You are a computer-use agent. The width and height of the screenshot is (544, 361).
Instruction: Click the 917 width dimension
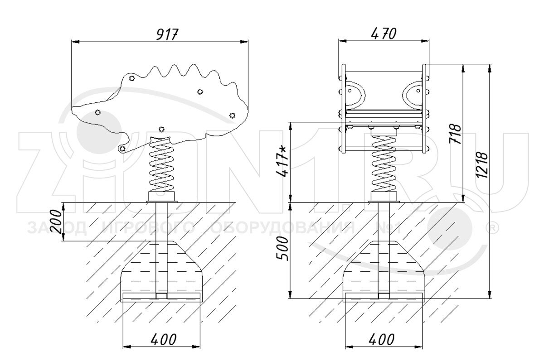[167, 34]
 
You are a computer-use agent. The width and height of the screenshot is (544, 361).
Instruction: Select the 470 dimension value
[384, 34]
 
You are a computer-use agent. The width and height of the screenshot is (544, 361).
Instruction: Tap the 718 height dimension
[455, 134]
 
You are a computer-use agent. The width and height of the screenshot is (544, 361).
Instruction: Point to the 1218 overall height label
[481, 165]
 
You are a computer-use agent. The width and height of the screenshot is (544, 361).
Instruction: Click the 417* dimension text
[282, 161]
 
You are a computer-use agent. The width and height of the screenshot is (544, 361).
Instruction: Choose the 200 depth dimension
[56, 221]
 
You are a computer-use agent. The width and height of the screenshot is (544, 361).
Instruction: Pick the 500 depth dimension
[283, 248]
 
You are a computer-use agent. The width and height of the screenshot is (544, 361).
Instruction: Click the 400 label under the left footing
[164, 339]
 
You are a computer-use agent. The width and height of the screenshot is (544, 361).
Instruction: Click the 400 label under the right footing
[382, 339]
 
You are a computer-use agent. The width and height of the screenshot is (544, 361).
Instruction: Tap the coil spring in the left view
[161, 164]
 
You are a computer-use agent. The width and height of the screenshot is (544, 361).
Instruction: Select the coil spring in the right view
[384, 164]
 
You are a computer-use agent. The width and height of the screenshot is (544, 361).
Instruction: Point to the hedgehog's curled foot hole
[123, 149]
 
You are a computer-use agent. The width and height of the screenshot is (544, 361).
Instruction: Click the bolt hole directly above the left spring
[161, 129]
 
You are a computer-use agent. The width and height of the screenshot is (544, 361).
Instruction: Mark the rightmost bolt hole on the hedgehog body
[232, 115]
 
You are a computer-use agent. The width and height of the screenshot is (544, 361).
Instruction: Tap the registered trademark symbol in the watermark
[492, 228]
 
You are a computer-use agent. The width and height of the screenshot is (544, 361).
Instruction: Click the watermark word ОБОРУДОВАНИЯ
[283, 228]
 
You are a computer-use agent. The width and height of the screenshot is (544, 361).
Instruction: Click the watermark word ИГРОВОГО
[148, 228]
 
